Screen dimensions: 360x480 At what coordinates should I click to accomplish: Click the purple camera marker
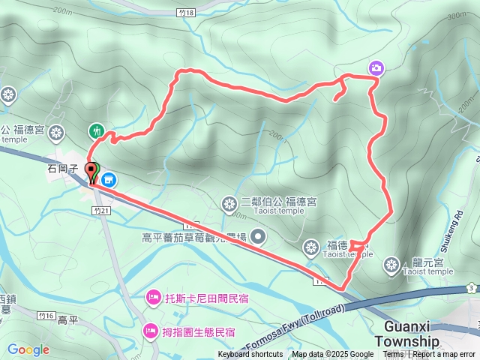376,69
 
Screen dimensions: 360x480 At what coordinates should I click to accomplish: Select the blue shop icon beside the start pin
109,179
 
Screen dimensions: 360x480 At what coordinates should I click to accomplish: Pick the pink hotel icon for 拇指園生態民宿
150,330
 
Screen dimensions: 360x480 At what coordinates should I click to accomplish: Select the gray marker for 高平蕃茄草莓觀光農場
258,238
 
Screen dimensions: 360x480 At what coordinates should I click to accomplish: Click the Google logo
28,349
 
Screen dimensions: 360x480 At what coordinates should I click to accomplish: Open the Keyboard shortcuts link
250,355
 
